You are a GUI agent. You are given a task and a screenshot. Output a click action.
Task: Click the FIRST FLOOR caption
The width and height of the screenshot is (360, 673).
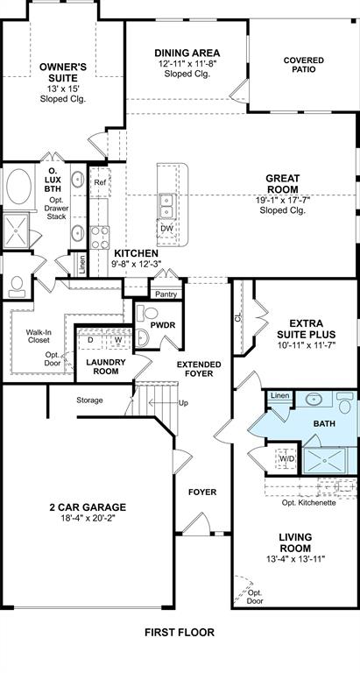click(180, 632)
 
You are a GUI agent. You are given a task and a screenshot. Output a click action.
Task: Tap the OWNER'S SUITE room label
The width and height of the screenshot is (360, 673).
click(63, 73)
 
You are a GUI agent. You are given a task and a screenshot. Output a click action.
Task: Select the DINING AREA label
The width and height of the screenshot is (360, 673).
click(187, 53)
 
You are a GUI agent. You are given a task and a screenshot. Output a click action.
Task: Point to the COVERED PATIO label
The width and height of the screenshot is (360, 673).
click(304, 65)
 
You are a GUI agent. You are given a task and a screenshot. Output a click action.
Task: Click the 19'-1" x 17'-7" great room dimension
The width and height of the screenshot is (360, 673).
click(282, 200)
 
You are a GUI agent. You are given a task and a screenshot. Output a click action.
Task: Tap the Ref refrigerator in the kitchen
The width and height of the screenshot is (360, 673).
click(101, 182)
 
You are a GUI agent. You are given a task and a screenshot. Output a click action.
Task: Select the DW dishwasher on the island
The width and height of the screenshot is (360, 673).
click(166, 229)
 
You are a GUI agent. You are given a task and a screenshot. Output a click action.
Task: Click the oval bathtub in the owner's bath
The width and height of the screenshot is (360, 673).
click(18, 187)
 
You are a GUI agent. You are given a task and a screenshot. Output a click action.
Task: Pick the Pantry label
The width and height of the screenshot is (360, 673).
click(166, 294)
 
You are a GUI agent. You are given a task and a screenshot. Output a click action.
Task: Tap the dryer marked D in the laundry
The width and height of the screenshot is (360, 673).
click(90, 339)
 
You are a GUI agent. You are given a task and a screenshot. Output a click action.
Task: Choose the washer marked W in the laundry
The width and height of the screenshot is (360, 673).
click(117, 339)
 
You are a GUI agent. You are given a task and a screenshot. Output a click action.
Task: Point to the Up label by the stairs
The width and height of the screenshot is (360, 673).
click(183, 403)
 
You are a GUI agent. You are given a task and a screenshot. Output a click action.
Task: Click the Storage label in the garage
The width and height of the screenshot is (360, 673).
click(89, 400)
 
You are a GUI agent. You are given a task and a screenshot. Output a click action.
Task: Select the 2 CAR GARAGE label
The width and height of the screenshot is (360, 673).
click(88, 507)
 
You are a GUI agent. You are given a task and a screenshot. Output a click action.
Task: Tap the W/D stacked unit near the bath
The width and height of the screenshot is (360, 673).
click(286, 459)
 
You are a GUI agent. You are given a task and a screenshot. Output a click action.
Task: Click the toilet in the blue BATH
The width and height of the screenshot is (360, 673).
click(344, 402)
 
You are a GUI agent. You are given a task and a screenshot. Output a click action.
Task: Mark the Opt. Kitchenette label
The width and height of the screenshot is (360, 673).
click(309, 503)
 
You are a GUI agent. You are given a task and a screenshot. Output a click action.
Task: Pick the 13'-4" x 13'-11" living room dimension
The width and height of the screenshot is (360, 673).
click(295, 559)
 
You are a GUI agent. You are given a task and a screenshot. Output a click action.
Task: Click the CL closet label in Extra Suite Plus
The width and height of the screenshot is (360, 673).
click(237, 318)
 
